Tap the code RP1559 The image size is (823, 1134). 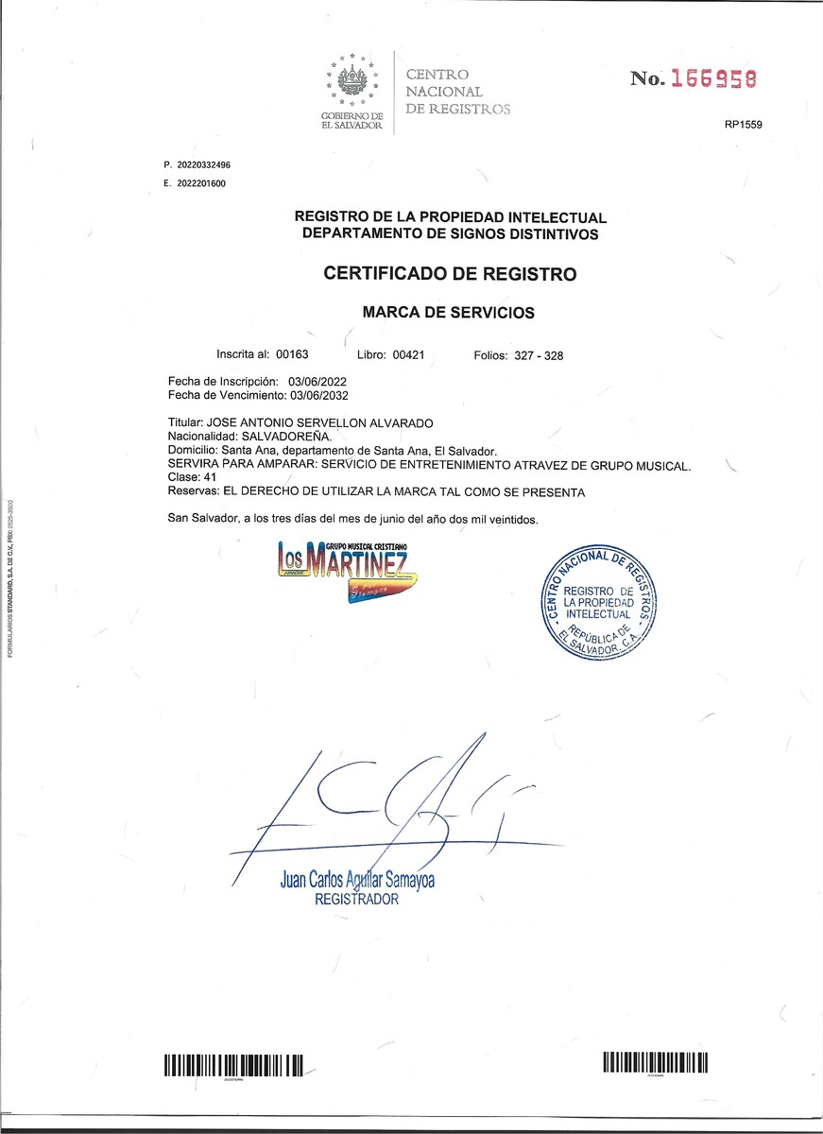coord(744,124)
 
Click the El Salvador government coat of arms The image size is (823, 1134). coord(351,79)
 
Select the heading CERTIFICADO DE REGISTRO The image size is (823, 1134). coord(450,274)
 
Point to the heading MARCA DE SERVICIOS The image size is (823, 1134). coord(449,312)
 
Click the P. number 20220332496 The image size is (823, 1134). coord(203,164)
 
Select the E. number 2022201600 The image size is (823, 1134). coord(200,183)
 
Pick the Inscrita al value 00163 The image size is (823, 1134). coord(292,355)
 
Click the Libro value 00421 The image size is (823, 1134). coord(408,355)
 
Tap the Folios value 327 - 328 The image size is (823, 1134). coord(539,356)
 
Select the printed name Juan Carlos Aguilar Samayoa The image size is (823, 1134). coord(357,881)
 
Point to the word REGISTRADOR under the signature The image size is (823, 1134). coord(356,900)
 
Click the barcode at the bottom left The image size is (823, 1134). coord(233,1065)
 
